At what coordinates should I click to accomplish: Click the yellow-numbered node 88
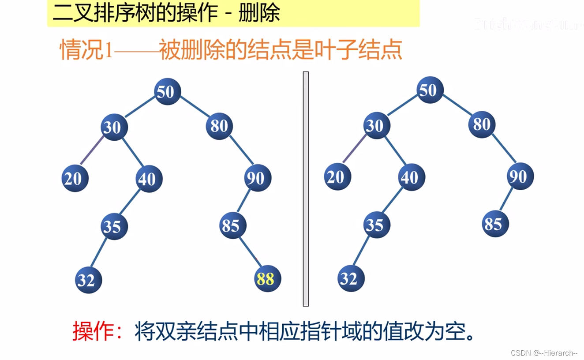click(x=267, y=279)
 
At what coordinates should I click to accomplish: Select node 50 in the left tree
click(x=167, y=92)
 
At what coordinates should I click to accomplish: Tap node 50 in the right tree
click(x=430, y=90)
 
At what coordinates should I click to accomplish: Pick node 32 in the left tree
click(x=88, y=280)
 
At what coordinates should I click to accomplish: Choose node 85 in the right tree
click(x=495, y=224)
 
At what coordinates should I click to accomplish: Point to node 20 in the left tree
click(x=75, y=179)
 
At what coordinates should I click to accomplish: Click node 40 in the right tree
click(x=411, y=177)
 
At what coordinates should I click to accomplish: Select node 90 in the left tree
click(x=257, y=178)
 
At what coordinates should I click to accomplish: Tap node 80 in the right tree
click(x=482, y=124)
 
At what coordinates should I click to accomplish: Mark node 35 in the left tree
click(x=114, y=226)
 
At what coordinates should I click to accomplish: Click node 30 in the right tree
click(x=376, y=126)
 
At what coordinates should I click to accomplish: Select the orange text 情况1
click(x=87, y=50)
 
